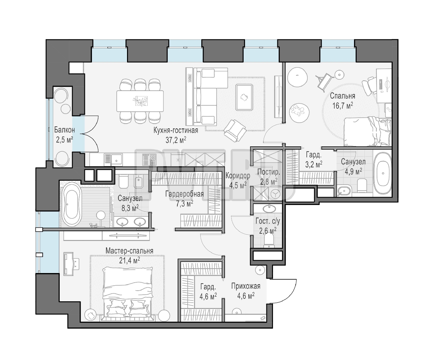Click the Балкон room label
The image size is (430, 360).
[x=64, y=130]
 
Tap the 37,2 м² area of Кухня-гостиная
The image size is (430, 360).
[x=176, y=140]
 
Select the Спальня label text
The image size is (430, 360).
[x=342, y=96]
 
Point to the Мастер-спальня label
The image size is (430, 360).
[x=129, y=251]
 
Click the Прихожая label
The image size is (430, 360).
[x=246, y=286]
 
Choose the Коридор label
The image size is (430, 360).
[x=238, y=176]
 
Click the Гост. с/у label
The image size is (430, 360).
[x=268, y=221]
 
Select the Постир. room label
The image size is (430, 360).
[x=269, y=172]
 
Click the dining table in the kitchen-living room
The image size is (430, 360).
[x=140, y=101]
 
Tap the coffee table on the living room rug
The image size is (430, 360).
[x=244, y=97]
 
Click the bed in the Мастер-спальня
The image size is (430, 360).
[x=128, y=294]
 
